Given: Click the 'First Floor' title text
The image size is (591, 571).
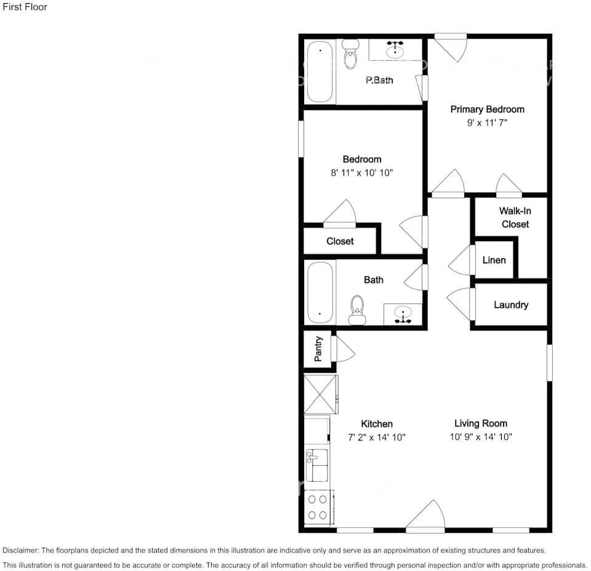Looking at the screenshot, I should (x=25, y=7).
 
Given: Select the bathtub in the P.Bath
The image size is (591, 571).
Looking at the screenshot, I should (x=320, y=71).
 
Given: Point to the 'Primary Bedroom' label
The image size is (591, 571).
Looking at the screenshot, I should (x=487, y=110).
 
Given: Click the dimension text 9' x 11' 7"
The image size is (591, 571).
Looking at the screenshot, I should (x=487, y=123).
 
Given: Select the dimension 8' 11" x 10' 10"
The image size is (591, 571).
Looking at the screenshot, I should (x=361, y=173).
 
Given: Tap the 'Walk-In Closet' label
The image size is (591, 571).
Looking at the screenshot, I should (x=515, y=217).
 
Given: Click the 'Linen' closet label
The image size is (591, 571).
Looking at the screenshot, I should (x=494, y=260).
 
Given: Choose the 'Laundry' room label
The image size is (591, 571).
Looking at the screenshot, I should (x=510, y=305).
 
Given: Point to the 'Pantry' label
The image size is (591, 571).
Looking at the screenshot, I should (x=318, y=349).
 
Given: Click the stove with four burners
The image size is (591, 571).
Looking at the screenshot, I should (x=318, y=507).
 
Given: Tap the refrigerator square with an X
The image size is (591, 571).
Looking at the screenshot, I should (x=321, y=394).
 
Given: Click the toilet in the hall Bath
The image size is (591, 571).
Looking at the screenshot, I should (x=357, y=309).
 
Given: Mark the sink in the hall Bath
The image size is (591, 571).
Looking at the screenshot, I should (x=403, y=313).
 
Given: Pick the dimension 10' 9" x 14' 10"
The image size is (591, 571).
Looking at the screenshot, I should (x=480, y=437).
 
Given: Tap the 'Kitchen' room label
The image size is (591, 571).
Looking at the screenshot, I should (x=376, y=424).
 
